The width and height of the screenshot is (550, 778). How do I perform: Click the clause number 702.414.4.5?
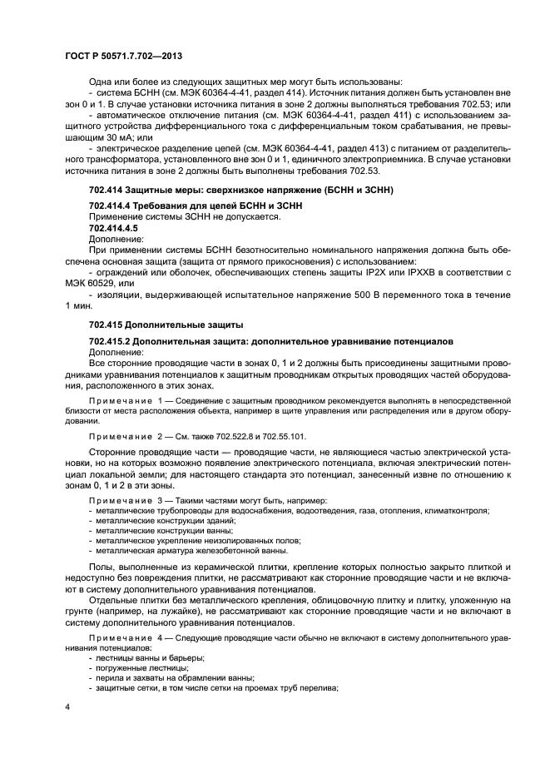(113, 227)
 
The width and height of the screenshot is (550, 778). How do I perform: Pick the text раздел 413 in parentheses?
(337, 147)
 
